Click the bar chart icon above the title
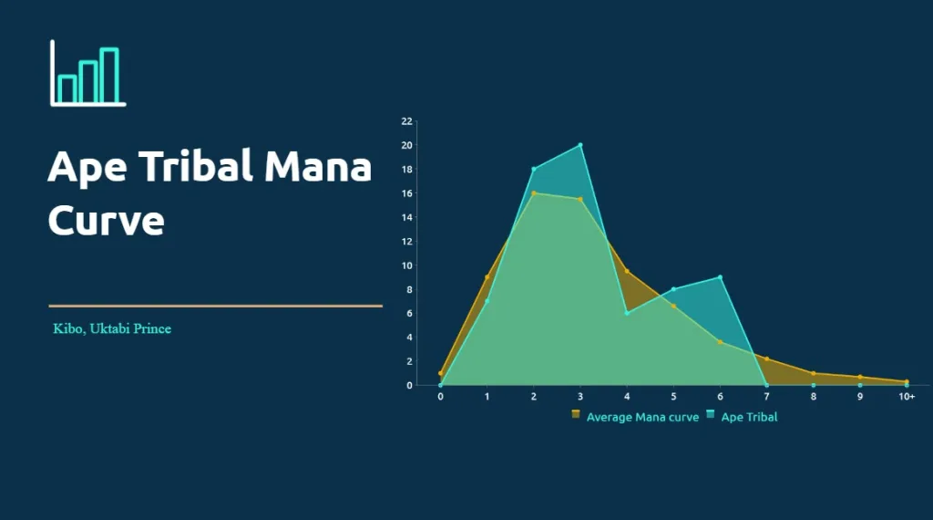pyautogui.click(x=87, y=74)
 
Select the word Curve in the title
pyautogui.click(x=106, y=220)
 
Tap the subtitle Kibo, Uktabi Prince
pyautogui.click(x=112, y=328)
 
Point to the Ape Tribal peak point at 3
pyautogui.click(x=580, y=145)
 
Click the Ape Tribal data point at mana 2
pyautogui.click(x=534, y=169)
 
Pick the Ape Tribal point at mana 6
pyautogui.click(x=720, y=277)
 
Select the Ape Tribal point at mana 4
pyautogui.click(x=627, y=313)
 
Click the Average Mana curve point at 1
pyautogui.click(x=487, y=277)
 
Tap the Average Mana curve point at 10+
pyautogui.click(x=907, y=381)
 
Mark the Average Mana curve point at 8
pyautogui.click(x=813, y=373)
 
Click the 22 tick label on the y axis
pyautogui.click(x=407, y=121)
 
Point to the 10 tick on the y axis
pyautogui.click(x=407, y=265)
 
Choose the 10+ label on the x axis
pyautogui.click(x=907, y=397)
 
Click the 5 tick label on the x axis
pyautogui.click(x=673, y=397)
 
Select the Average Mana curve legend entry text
pyautogui.click(x=642, y=417)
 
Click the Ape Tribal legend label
pyautogui.click(x=749, y=417)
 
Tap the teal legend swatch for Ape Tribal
pyautogui.click(x=710, y=415)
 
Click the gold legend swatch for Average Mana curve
pyautogui.click(x=576, y=415)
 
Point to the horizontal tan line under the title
pyautogui.click(x=215, y=306)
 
